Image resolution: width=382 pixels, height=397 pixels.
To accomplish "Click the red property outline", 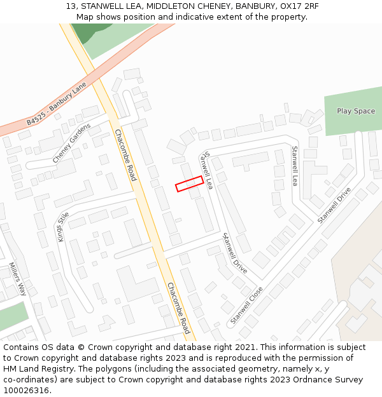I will pyautogui.click(x=189, y=184).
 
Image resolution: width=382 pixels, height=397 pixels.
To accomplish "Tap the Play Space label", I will pyautogui.click(x=356, y=111).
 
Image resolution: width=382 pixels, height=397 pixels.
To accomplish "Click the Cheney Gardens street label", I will pyautogui.click(x=71, y=144).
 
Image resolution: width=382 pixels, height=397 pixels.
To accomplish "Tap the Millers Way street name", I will pyautogui.click(x=18, y=279).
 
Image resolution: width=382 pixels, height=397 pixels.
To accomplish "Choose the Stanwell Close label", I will pyautogui.click(x=247, y=305).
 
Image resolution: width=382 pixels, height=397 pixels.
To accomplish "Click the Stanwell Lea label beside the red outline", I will pyautogui.click(x=207, y=170).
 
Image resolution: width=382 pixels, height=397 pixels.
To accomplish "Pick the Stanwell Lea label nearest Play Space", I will pyautogui.click(x=295, y=165).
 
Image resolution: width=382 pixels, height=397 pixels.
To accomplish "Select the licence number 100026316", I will pyautogui.click(x=27, y=391).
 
